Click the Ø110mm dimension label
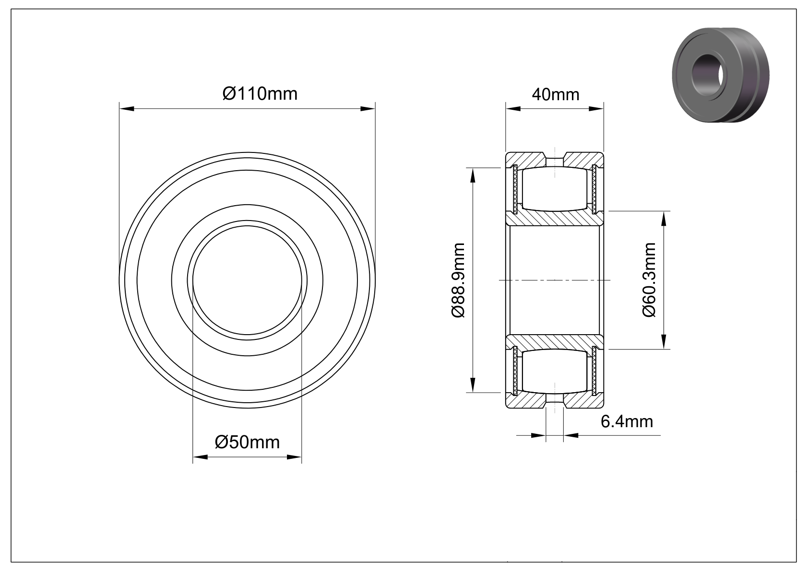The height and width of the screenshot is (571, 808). pos(260,93)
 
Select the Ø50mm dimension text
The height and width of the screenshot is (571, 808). pos(247,443)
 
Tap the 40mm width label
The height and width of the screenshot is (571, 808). pos(556,94)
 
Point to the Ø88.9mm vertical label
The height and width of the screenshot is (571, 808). pos(458,280)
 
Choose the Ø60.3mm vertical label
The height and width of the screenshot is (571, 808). pos(649,280)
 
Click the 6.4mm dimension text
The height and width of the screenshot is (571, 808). pos(627,421)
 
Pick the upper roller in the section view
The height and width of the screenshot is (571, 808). pos(555,188)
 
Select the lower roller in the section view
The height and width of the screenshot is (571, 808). pos(555,371)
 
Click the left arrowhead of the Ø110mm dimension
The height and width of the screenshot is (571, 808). pos(127,108)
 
